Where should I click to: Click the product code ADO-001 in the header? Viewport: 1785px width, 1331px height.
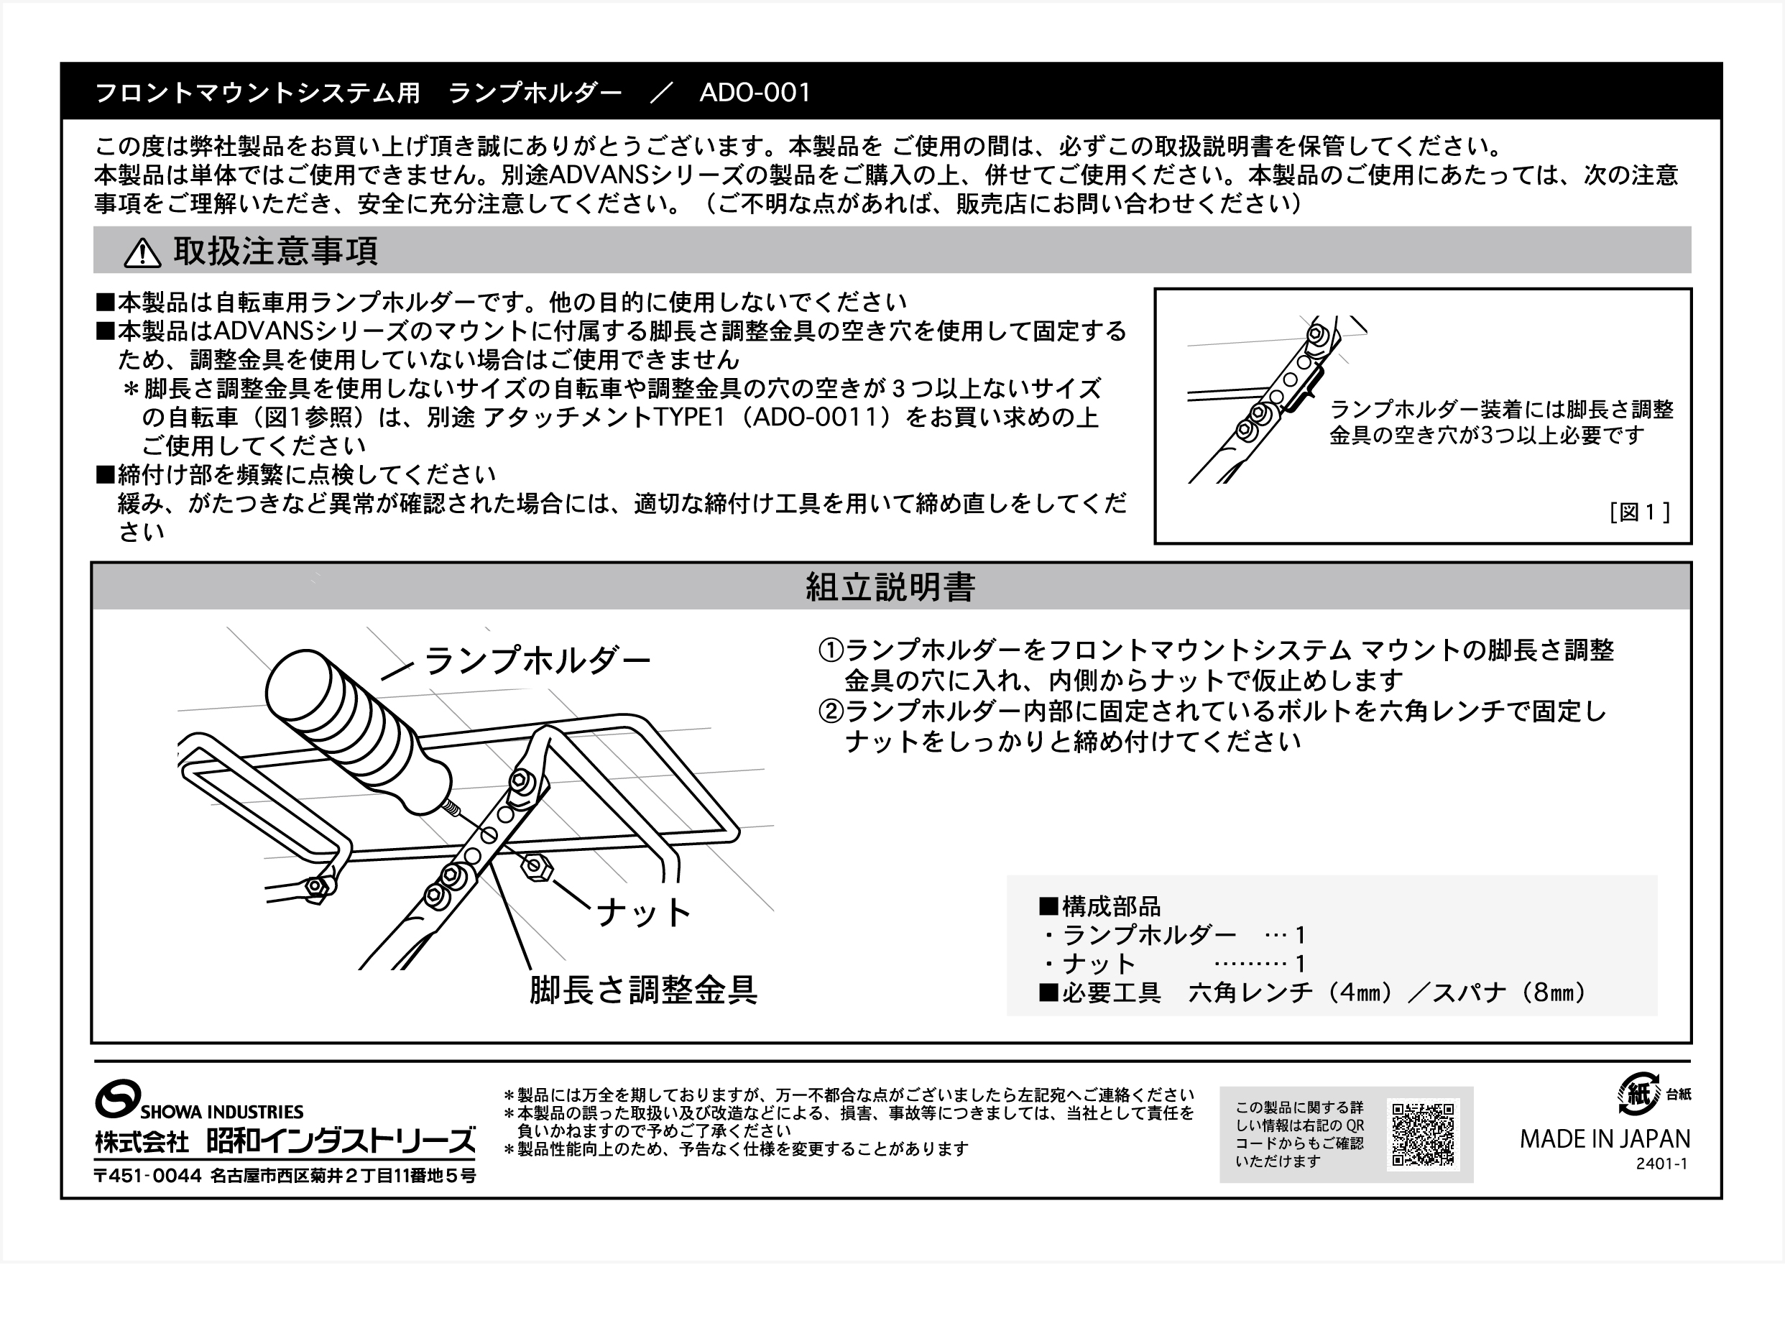click(x=754, y=93)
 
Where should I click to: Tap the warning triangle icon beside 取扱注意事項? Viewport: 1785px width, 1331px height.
click(x=142, y=252)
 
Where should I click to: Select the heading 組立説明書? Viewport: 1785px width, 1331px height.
click(x=890, y=586)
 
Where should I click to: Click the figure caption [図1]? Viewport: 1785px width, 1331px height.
click(x=1639, y=512)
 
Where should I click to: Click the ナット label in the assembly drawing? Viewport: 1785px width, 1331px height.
click(x=643, y=913)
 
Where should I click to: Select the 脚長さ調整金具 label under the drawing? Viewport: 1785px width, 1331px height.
click(x=643, y=990)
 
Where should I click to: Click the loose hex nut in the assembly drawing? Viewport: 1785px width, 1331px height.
click(x=537, y=867)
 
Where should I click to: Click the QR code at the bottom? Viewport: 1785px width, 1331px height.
click(x=1423, y=1133)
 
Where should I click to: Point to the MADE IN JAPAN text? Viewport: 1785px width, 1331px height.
click(x=1605, y=1139)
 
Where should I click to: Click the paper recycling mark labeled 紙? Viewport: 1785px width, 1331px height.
click(x=1638, y=1094)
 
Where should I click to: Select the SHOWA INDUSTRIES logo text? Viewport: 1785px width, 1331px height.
click(x=221, y=1112)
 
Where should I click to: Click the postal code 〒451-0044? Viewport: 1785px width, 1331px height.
click(x=147, y=1176)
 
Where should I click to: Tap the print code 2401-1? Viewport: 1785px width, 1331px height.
click(x=1661, y=1164)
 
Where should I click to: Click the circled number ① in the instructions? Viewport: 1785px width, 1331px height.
click(x=830, y=650)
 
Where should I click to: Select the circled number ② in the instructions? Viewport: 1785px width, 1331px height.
click(x=830, y=711)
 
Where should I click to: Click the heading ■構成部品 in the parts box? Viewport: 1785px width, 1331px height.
click(x=1099, y=906)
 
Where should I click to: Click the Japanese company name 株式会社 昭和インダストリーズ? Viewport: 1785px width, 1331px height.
click(x=285, y=1141)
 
